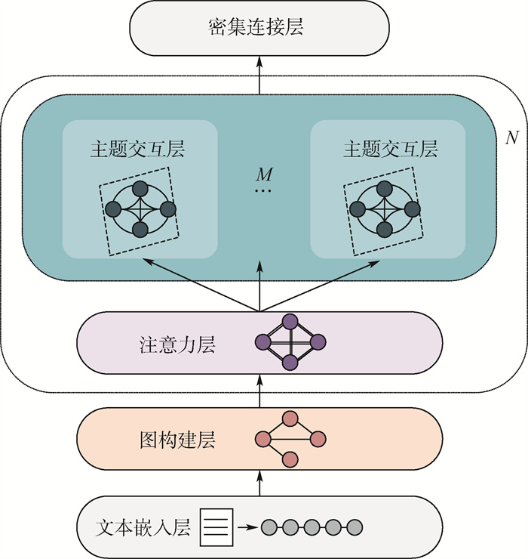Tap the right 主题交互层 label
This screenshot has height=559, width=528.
(x=390, y=149)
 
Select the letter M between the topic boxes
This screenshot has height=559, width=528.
(x=263, y=174)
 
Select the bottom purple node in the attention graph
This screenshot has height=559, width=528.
(x=290, y=363)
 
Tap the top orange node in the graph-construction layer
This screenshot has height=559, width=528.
(x=290, y=418)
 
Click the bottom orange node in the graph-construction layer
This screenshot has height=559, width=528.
(x=290, y=459)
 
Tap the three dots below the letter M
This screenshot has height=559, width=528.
(x=262, y=191)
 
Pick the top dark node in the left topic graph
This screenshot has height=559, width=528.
(x=140, y=189)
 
